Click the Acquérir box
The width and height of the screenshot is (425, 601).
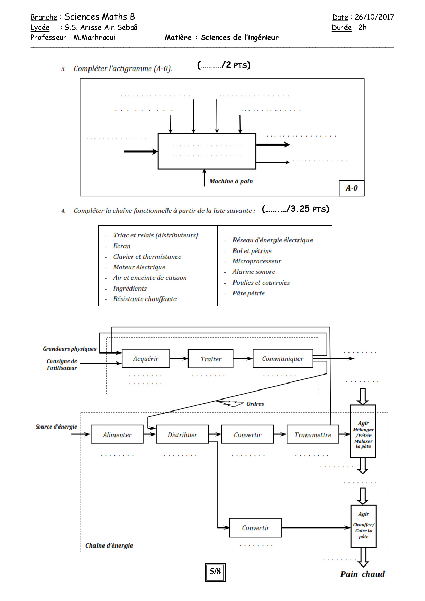(x=146, y=359)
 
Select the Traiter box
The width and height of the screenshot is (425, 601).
(x=211, y=359)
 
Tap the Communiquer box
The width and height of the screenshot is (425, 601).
(x=282, y=359)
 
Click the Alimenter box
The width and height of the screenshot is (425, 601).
(x=117, y=434)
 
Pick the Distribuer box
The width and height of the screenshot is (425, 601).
(x=182, y=434)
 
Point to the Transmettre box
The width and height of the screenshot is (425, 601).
(x=313, y=434)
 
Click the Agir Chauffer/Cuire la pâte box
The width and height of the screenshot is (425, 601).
(x=363, y=526)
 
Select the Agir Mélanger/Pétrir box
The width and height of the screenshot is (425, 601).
(x=363, y=431)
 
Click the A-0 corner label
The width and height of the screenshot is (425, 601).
(x=352, y=188)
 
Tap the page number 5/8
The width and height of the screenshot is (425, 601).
(x=215, y=571)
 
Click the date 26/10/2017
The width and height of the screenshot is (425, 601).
(x=374, y=17)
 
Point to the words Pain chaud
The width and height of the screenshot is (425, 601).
(x=362, y=574)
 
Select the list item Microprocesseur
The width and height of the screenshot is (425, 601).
(x=257, y=261)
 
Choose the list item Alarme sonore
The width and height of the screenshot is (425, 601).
(x=254, y=272)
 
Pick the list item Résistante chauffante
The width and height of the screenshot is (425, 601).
(x=145, y=299)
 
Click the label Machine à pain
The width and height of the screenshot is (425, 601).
(x=231, y=181)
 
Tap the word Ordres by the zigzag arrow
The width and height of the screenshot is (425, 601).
(x=255, y=404)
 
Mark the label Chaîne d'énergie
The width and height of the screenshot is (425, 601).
(x=109, y=545)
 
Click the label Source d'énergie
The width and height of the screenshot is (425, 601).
(x=56, y=427)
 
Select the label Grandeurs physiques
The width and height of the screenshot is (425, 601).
(x=69, y=349)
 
